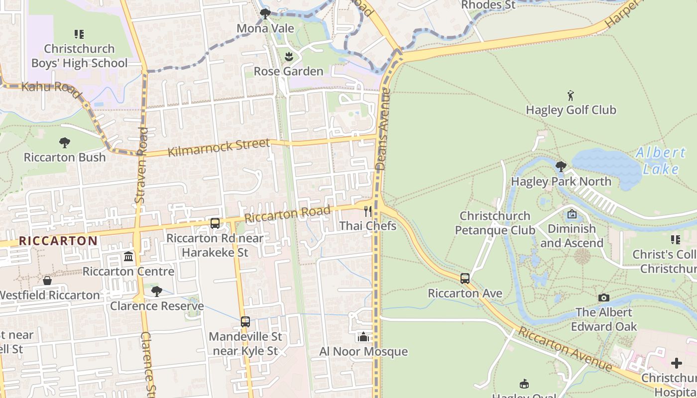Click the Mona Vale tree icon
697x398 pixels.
pyautogui.click(x=265, y=14)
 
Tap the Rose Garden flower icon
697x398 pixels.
pyautogui.click(x=288, y=57)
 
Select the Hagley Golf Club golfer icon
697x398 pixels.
pyautogui.click(x=571, y=95)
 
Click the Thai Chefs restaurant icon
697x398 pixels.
pyautogui.click(x=368, y=211)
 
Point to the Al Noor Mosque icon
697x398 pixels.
pyautogui.click(x=363, y=337)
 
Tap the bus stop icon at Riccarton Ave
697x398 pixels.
pyautogui.click(x=465, y=279)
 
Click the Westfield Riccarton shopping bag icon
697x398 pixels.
pyautogui.click(x=47, y=281)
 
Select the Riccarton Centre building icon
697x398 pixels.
pyautogui.click(x=129, y=257)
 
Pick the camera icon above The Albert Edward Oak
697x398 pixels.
pyautogui.click(x=604, y=298)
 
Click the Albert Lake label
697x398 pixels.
pyautogui.click(x=661, y=161)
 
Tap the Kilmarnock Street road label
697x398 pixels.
pyautogui.click(x=219, y=148)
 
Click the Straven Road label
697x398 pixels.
pyautogui.click(x=141, y=164)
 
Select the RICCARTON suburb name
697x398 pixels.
pyautogui.click(x=58, y=241)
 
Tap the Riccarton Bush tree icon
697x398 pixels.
pyautogui.click(x=65, y=143)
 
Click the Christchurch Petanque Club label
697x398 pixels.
pyautogui.click(x=495, y=223)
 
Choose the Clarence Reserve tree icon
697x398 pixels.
pyautogui.click(x=157, y=292)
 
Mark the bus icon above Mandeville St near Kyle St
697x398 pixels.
pyautogui.click(x=245, y=322)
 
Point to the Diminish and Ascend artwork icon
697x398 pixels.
pyautogui.click(x=572, y=214)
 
